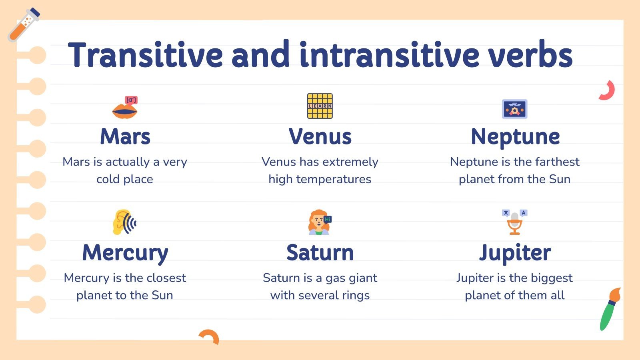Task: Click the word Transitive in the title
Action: [145, 55]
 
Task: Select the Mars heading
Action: [125, 137]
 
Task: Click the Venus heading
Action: [320, 137]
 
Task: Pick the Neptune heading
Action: [515, 137]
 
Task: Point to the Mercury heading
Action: [125, 253]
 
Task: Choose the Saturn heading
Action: [320, 253]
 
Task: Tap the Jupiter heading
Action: [515, 253]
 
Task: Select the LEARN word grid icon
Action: [320, 106]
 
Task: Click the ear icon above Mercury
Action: [124, 222]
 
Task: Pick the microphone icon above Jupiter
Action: [515, 222]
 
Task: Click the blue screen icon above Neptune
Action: [514, 109]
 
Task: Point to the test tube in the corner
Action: [24, 25]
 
